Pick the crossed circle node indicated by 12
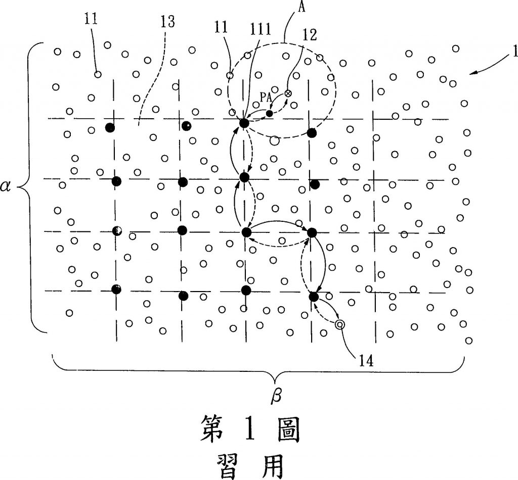point(288,93)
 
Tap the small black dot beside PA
point(270,113)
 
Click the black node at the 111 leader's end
point(244,123)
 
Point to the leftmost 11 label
point(92,20)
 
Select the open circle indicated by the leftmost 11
point(98,74)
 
